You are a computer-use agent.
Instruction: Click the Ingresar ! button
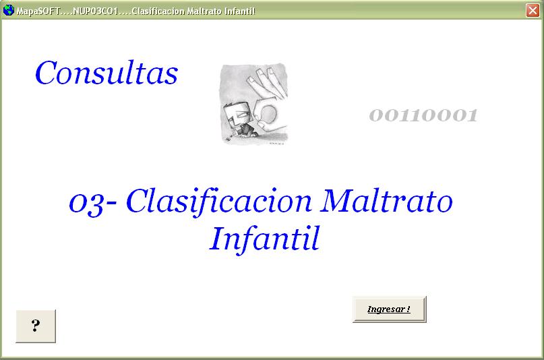pos(389,309)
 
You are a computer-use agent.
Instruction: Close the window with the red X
pos(533,10)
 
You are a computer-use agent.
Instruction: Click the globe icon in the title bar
pos(8,10)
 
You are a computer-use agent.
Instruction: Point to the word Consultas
pos(107,73)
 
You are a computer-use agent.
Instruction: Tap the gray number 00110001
pos(423,115)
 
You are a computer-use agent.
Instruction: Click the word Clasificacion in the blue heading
pos(219,202)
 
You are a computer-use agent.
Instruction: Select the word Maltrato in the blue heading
pos(386,200)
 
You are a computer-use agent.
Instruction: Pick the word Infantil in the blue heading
pos(264,239)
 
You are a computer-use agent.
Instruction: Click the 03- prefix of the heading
pos(92,203)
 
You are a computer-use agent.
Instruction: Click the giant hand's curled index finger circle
pos(268,114)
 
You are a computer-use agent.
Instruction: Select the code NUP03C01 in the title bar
pos(95,11)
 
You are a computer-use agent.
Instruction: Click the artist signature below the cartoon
pos(276,143)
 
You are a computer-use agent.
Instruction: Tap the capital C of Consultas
pos(46,73)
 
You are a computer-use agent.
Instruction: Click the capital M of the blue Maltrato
pos(335,200)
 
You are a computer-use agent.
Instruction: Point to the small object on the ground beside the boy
pos(229,139)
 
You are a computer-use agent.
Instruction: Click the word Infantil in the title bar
pos(240,11)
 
